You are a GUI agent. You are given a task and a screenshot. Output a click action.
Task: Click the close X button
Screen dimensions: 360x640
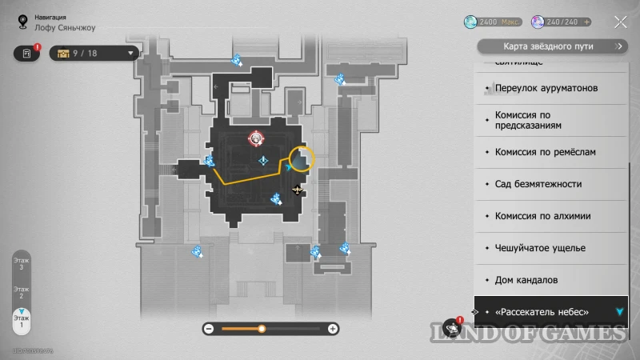[x=620, y=22]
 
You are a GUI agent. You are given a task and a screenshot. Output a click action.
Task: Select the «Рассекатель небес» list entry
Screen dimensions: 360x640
[x=542, y=311]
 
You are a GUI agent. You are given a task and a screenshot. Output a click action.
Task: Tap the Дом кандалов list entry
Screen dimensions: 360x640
[x=526, y=280]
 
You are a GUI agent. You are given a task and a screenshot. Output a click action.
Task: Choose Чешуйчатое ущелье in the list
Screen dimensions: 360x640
[x=540, y=248]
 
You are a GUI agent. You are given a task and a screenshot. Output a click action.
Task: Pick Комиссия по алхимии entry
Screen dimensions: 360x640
[x=542, y=216]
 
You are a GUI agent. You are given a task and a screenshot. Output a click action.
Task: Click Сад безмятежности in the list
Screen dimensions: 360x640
[x=538, y=184]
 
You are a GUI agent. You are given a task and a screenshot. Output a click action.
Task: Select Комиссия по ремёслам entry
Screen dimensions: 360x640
[x=545, y=152]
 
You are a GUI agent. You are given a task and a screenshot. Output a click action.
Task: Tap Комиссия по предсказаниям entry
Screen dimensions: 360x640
[x=534, y=120]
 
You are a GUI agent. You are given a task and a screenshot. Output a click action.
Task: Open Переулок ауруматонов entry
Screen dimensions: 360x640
[x=546, y=88]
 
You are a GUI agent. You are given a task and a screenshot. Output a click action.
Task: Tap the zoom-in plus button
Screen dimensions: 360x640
[x=333, y=328]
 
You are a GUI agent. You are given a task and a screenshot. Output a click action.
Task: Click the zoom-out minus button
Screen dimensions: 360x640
[x=208, y=328]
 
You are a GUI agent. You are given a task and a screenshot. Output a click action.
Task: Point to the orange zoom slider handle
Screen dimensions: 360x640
[x=262, y=328]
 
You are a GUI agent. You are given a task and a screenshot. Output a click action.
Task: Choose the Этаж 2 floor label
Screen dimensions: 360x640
[x=22, y=293]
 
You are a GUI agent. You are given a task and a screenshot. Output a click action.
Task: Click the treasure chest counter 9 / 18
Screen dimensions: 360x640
[x=94, y=54]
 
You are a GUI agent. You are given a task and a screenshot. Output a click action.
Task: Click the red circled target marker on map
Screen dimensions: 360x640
[x=255, y=138]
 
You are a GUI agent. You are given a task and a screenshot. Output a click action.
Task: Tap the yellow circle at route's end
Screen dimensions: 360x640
[x=302, y=158]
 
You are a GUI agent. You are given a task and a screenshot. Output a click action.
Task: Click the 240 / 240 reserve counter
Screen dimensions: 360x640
[x=563, y=22]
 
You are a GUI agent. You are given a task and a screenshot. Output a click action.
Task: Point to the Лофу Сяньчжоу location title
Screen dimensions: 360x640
[x=66, y=27]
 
